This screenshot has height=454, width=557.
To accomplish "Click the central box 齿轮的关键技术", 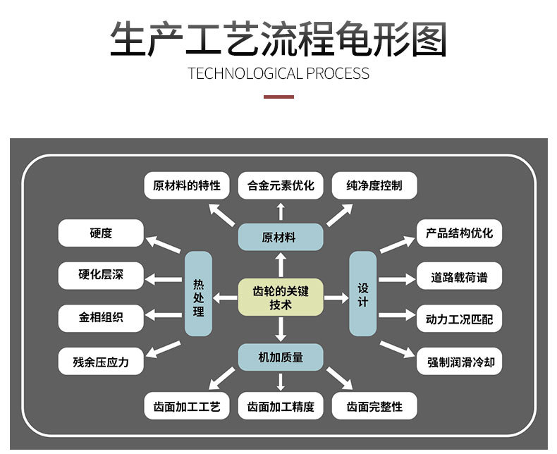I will click(x=280, y=298).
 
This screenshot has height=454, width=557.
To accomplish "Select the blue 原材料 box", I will click(x=280, y=237).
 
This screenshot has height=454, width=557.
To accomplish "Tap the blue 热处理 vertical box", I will click(x=198, y=293).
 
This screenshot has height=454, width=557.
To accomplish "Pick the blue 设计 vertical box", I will click(x=363, y=293).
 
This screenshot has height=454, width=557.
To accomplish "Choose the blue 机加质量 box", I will click(x=280, y=357).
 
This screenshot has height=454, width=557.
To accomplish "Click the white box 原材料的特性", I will click(x=186, y=186).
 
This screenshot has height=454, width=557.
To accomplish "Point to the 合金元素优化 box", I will click(x=280, y=186).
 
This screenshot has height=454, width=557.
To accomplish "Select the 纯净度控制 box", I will click(x=374, y=186).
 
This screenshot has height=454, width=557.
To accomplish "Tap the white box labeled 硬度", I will click(x=101, y=233).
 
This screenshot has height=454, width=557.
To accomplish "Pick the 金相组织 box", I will click(x=101, y=318).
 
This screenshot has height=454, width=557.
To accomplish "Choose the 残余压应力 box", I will click(x=101, y=362).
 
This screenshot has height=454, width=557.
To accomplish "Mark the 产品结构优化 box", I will click(x=459, y=233).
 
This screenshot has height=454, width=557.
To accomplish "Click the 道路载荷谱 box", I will click(x=459, y=277).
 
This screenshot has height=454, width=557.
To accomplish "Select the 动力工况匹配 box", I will click(x=459, y=319).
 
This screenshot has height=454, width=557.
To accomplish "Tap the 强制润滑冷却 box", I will click(x=459, y=362).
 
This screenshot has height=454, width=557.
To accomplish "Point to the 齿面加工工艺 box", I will click(x=186, y=407).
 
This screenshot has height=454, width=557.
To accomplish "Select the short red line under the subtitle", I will click(x=278, y=96).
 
